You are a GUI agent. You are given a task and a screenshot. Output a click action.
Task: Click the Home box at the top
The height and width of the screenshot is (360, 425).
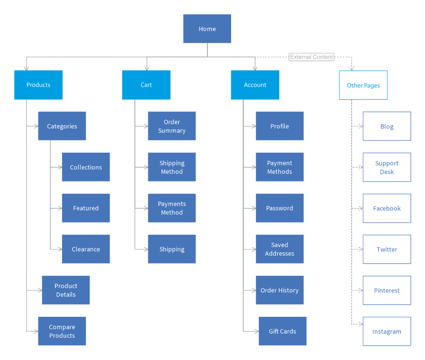tap(207, 29)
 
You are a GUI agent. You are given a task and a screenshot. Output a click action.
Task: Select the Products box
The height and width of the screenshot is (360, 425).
tap(38, 85)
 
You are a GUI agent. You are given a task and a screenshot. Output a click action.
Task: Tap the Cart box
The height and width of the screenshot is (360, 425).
tap(146, 85)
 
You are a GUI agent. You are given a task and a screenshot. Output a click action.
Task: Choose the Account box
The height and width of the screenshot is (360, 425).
tap(255, 85)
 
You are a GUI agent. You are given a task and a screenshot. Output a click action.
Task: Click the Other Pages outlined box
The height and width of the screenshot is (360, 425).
tap(363, 85)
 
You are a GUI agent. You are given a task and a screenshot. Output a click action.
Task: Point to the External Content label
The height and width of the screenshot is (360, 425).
tap(311, 57)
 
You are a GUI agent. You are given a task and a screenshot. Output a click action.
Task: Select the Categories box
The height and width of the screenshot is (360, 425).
tap(62, 126)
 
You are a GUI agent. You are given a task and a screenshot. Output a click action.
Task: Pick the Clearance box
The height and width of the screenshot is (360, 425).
tap(86, 249)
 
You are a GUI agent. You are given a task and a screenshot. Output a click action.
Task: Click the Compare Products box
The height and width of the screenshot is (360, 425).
tap(62, 331)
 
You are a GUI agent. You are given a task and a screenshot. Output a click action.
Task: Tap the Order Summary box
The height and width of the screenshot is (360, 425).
tap(172, 126)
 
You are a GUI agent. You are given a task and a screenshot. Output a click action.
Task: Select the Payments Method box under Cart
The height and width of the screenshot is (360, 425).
tap(172, 208)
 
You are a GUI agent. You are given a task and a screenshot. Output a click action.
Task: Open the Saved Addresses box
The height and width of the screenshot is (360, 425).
tap(279, 249)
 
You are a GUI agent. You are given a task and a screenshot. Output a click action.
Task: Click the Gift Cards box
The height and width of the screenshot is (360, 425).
tap(282, 331)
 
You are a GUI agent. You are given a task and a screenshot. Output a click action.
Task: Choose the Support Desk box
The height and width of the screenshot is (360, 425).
tap(387, 167)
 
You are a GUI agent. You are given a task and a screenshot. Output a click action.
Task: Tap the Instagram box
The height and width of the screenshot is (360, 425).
tap(387, 332)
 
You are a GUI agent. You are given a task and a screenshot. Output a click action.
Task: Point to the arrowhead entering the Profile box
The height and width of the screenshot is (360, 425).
tap(254, 126)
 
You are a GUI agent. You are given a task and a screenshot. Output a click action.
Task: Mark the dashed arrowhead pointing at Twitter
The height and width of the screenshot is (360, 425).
tap(361, 249)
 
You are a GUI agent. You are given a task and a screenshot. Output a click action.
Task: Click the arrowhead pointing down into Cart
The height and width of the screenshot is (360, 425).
tap(147, 68)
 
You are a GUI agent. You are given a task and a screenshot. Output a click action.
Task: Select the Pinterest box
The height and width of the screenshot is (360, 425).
tap(387, 291)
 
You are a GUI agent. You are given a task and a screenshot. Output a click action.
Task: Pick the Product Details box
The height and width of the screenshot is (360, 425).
tap(66, 290)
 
